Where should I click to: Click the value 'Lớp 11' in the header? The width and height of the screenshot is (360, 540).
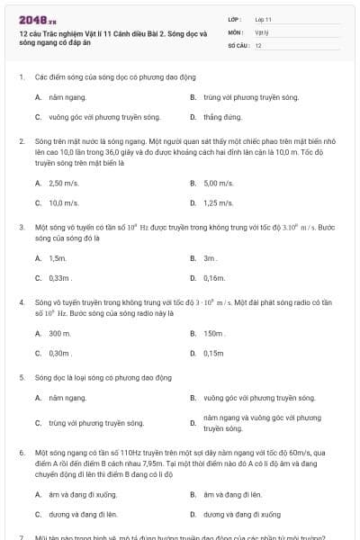[x=263, y=19]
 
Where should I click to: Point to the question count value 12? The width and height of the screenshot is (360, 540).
[x=258, y=44]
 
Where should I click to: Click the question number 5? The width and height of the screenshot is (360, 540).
[x=21, y=377]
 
